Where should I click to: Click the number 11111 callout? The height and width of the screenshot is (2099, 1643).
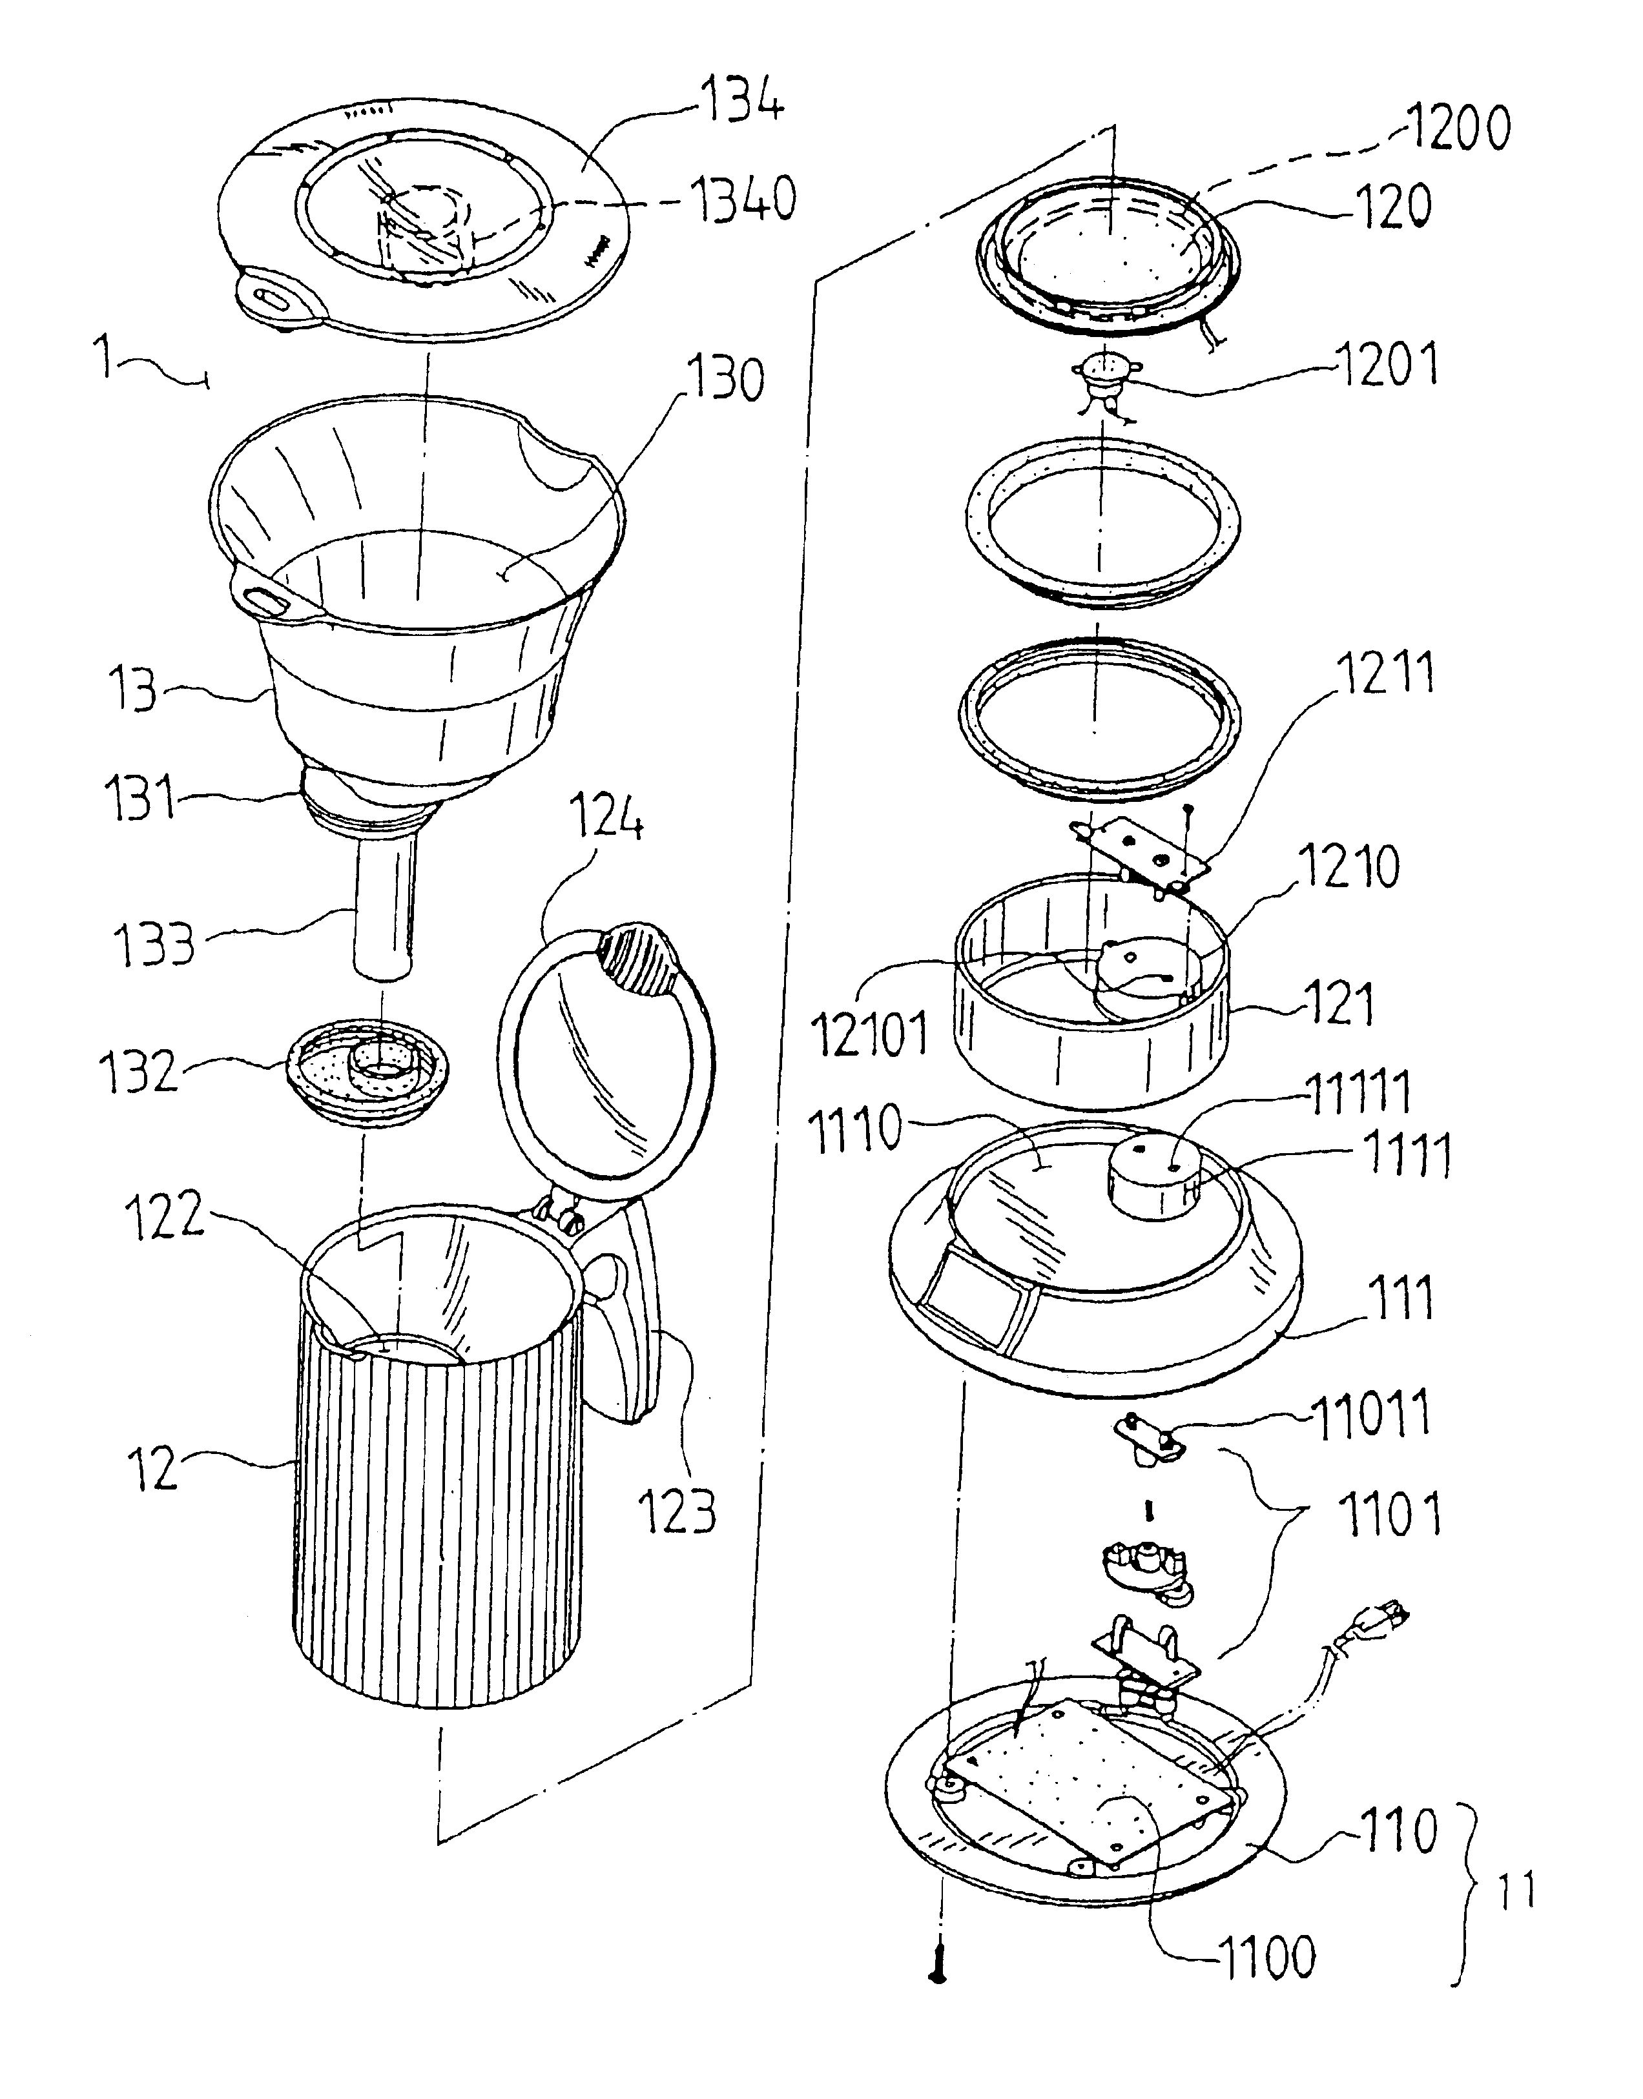pos(1356,1093)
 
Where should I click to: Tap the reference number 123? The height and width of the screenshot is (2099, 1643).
pos(678,1510)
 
